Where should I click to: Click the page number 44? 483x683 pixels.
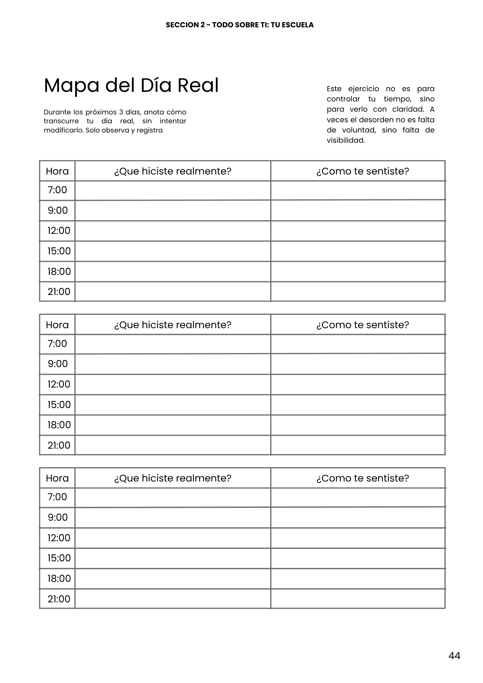click(454, 655)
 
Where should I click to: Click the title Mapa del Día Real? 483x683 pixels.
click(131, 85)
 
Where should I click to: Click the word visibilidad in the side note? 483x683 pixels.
click(346, 140)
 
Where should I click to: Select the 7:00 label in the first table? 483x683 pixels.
click(57, 190)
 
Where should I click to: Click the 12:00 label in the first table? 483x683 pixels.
click(59, 231)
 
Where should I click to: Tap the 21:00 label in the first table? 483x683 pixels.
click(59, 292)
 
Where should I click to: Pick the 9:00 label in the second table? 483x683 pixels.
click(58, 364)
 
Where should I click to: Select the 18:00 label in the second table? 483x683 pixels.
click(59, 425)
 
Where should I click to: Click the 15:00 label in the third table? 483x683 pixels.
click(59, 558)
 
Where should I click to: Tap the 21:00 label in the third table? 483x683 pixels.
click(59, 599)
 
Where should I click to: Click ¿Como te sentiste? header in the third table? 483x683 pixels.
click(362, 478)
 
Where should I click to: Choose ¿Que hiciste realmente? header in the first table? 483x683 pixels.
click(173, 171)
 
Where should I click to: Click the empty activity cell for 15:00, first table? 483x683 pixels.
click(173, 251)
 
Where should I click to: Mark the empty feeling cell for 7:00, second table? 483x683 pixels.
click(358, 344)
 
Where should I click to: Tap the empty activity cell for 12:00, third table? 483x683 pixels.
click(173, 538)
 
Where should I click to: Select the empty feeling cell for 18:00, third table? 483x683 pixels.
click(358, 579)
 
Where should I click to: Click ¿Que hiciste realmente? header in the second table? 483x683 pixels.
click(173, 324)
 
